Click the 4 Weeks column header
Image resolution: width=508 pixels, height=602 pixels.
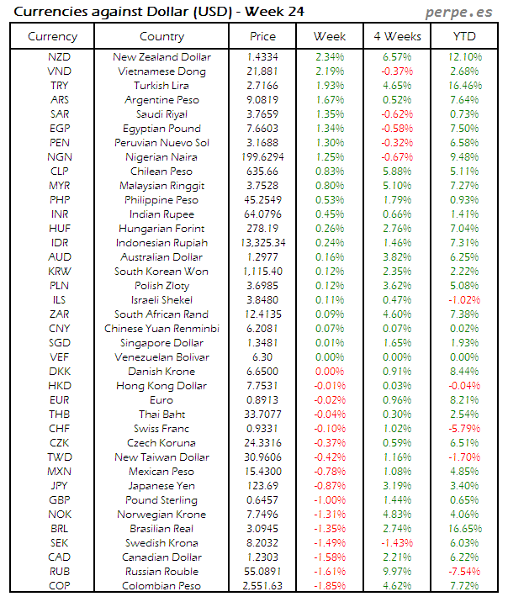pos(397,36)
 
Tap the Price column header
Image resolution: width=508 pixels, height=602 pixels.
pos(262,36)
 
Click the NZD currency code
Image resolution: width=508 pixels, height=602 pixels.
pos(60,56)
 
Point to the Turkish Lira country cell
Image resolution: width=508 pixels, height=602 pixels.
pos(162,85)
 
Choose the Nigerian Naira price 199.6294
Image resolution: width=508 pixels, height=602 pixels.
pos(262,156)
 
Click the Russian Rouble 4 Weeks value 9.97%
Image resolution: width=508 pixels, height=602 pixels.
pos(397,571)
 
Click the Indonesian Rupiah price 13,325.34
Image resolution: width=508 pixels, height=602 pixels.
pos(262,242)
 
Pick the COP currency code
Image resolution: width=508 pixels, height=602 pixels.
pos(60,585)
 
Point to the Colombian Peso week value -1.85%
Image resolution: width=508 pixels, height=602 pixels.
pos(330,585)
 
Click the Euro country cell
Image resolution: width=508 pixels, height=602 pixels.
pos(162,399)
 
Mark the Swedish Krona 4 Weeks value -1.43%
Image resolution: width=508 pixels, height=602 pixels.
pos(397,542)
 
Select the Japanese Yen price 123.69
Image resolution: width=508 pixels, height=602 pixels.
pos(262,485)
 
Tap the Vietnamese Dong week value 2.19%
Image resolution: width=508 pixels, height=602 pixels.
pos(330,71)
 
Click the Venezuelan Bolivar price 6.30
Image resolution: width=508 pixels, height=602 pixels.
pos(262,356)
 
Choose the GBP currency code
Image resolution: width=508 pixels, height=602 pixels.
pos(60,499)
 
